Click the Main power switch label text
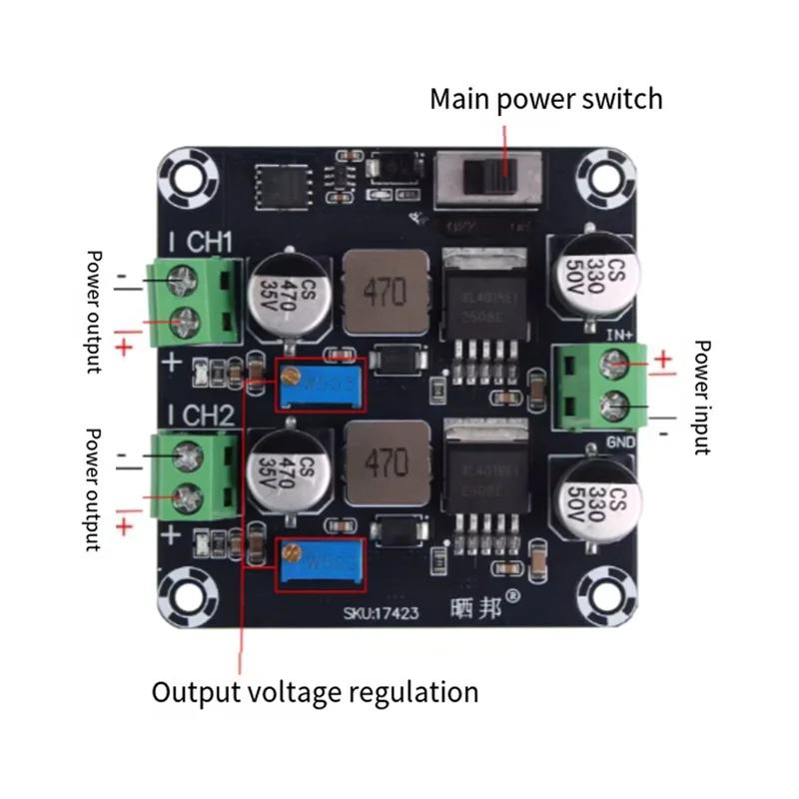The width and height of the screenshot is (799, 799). [x=545, y=99]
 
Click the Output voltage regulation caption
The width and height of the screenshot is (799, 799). [x=315, y=691]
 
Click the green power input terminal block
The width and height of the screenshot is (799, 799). [x=599, y=386]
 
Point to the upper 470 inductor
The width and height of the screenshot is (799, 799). [x=385, y=292]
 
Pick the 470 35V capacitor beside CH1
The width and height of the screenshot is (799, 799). [x=286, y=294]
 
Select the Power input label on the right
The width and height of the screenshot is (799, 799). [x=701, y=397]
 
